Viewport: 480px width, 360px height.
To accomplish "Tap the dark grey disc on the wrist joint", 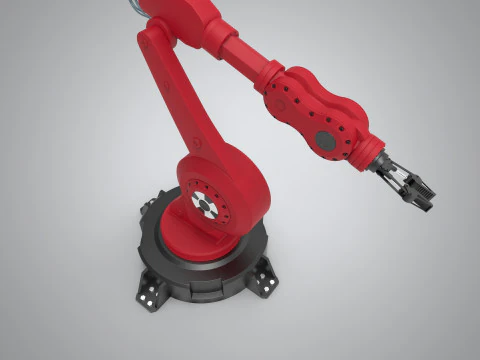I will pyautogui.click(x=327, y=141).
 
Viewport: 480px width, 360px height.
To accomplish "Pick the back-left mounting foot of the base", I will pyautogui.click(x=150, y=205).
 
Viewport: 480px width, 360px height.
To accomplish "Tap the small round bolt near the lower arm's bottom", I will pyautogui.click(x=198, y=144).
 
